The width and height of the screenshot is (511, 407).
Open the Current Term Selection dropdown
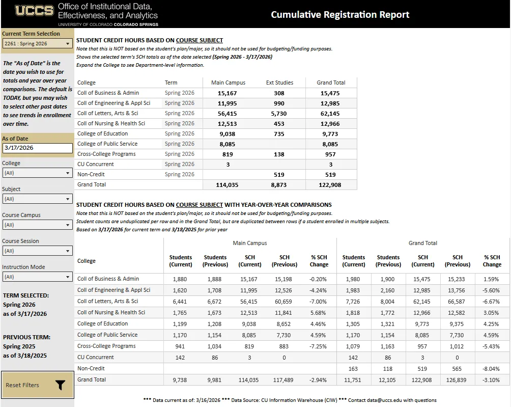point(38,44)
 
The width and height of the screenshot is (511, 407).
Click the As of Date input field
point(38,148)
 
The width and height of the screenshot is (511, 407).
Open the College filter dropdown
point(38,173)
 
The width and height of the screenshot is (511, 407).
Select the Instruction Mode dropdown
point(38,277)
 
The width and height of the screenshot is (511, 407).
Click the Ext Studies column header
point(279,83)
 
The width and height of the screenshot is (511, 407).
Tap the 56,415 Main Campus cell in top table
point(228,114)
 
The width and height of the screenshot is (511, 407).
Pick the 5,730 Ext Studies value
point(279,114)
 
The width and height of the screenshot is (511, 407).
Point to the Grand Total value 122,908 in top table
point(331,185)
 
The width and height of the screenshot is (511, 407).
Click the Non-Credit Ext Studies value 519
point(279,175)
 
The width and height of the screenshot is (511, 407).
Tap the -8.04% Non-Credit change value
point(492,369)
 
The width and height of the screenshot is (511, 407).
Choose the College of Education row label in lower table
point(103,324)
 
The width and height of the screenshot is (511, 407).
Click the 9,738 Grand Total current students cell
point(180,380)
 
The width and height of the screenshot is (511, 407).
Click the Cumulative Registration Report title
point(340,15)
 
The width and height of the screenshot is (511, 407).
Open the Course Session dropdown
point(38,251)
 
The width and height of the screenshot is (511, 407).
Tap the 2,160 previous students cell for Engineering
point(388,290)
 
